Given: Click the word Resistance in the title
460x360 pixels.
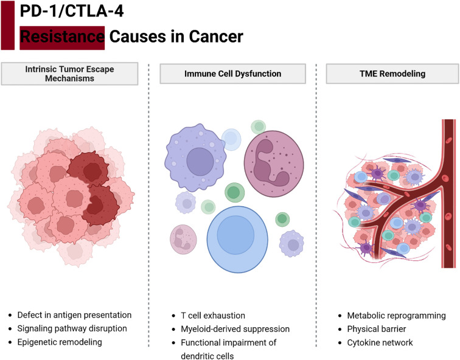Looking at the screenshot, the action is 62,37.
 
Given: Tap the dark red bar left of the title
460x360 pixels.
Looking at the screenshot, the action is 7,24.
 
